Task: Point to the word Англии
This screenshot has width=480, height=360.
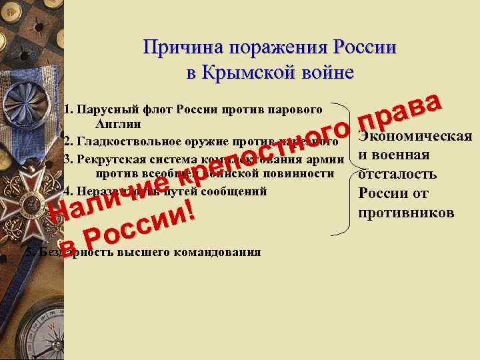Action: coord(118,124)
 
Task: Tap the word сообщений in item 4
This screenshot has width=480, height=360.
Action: coord(234,190)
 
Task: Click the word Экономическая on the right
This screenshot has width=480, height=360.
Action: coord(415,137)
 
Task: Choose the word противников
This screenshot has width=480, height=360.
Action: coord(406,213)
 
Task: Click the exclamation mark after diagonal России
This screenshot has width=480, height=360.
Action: coord(191,211)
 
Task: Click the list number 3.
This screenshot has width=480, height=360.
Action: coord(67,159)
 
